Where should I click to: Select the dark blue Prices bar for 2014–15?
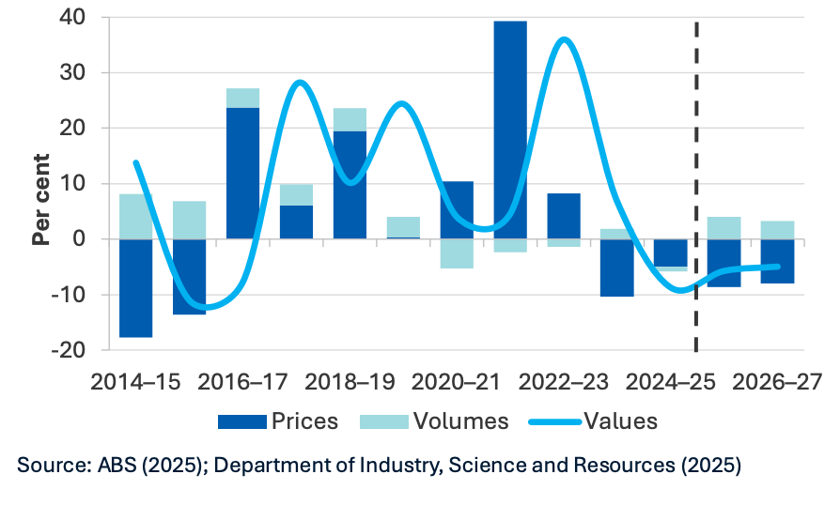135,287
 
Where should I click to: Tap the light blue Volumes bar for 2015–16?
189,220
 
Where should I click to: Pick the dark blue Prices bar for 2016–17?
242,174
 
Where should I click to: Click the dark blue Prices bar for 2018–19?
350,185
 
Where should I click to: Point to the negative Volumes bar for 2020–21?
457,253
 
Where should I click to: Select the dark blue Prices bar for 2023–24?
617,268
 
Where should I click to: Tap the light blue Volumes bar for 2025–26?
724,228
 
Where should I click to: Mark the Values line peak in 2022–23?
564,39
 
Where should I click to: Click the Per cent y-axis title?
40,201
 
